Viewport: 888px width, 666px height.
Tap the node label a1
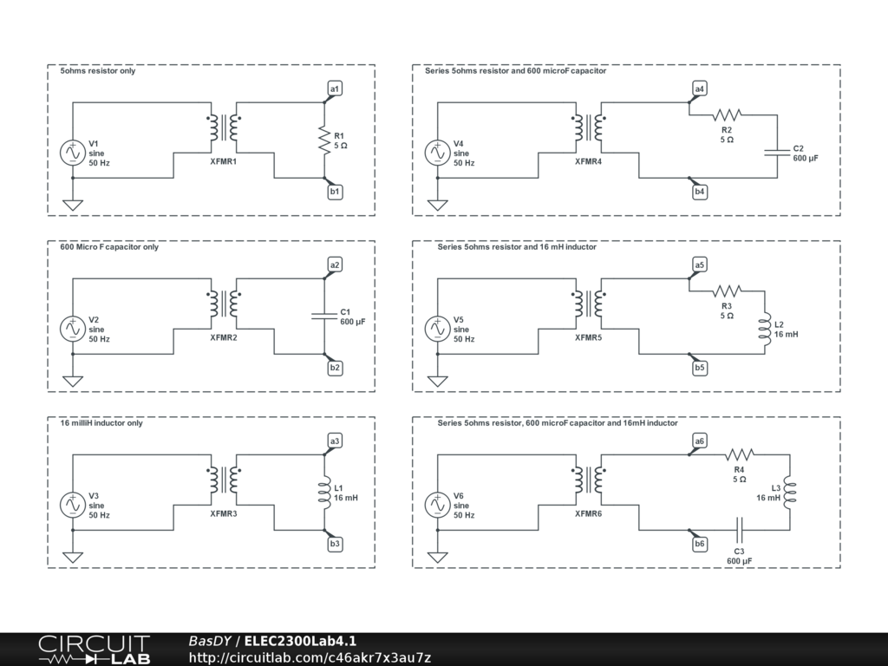tap(335, 88)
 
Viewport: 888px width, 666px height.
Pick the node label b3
tap(335, 544)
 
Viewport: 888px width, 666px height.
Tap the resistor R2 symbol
tap(727, 114)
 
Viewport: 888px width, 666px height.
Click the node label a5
tap(700, 264)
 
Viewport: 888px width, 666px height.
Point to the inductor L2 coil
tap(765, 329)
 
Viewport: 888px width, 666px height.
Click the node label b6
tap(700, 544)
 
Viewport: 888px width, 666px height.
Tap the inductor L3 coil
tap(788, 492)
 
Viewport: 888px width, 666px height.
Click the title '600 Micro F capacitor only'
tap(109, 247)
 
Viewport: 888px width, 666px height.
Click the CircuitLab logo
tap(94, 650)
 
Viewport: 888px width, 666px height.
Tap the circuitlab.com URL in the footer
tap(310, 657)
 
